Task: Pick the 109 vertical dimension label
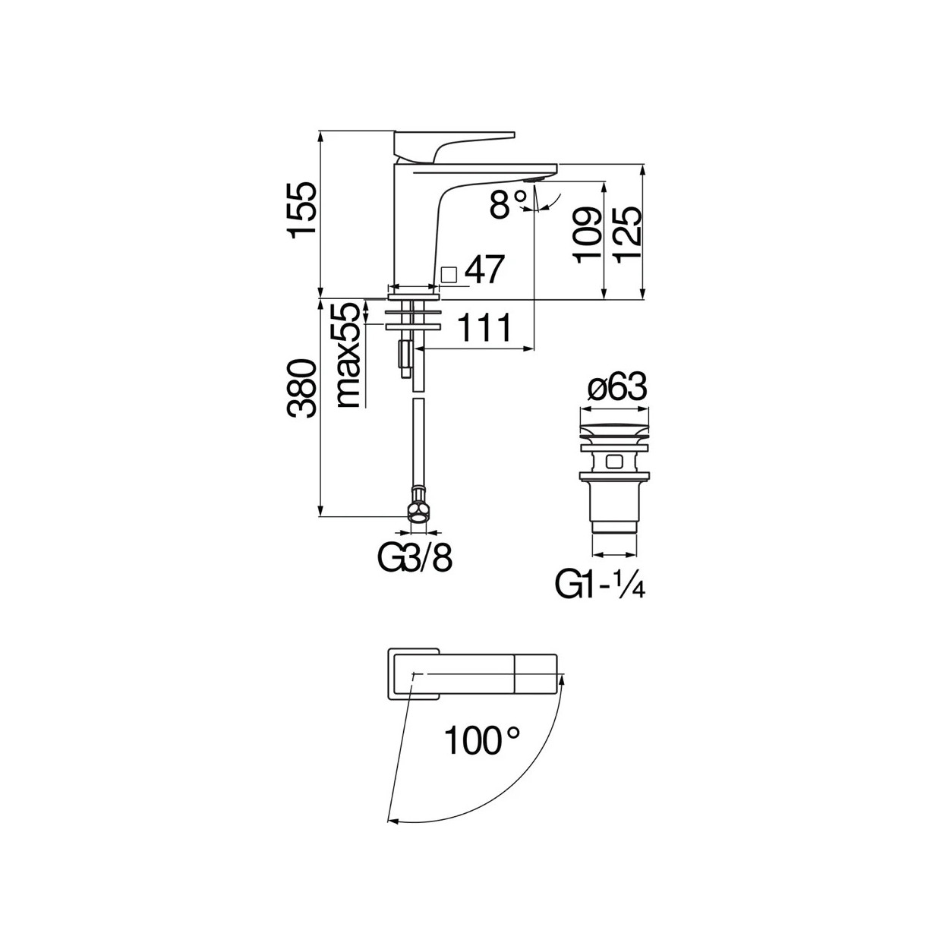[x=587, y=235]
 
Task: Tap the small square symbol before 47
[x=448, y=274]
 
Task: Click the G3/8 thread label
[x=415, y=559]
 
